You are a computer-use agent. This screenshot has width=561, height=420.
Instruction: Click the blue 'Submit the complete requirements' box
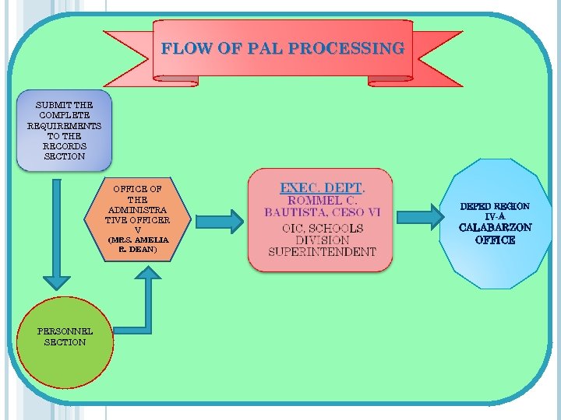(65, 131)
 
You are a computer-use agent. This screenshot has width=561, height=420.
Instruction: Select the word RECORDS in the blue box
(65, 145)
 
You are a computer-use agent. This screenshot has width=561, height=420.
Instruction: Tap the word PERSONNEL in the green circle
(65, 331)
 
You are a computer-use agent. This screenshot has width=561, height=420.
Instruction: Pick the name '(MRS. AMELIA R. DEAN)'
(138, 244)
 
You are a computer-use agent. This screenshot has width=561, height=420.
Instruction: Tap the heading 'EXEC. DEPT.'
(322, 188)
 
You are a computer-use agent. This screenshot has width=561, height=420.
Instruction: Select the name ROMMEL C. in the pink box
(322, 200)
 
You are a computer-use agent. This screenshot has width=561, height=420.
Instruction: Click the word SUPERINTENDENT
(322, 252)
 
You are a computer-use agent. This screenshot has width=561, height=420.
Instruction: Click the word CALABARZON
(495, 228)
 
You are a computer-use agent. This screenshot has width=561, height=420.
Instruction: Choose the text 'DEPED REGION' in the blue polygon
(495, 207)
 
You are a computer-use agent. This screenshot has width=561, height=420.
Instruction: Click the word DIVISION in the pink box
(322, 240)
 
